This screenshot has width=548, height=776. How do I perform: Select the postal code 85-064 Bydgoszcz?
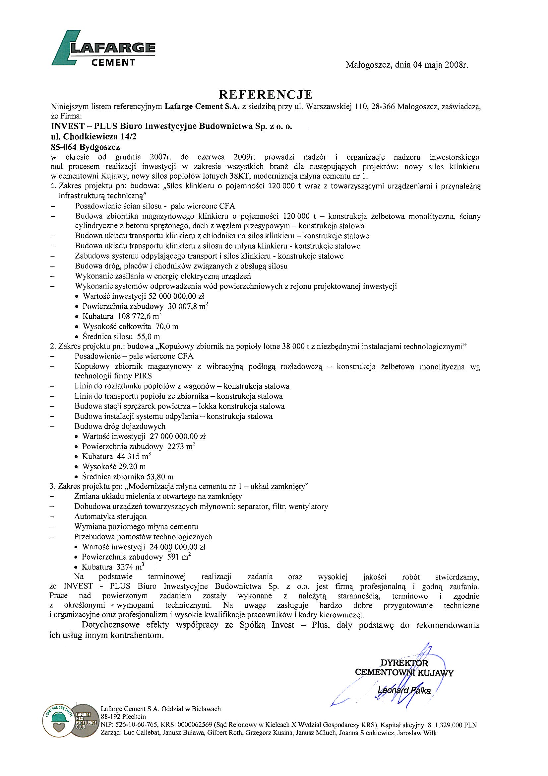pyautogui.click(x=85, y=147)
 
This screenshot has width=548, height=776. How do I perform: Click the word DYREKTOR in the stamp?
pyautogui.click(x=404, y=663)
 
